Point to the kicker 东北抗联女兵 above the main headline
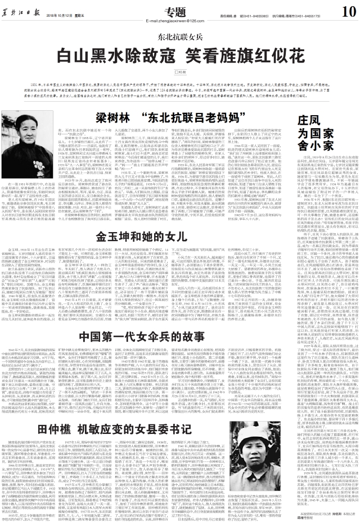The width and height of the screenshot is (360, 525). point(179,37)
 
